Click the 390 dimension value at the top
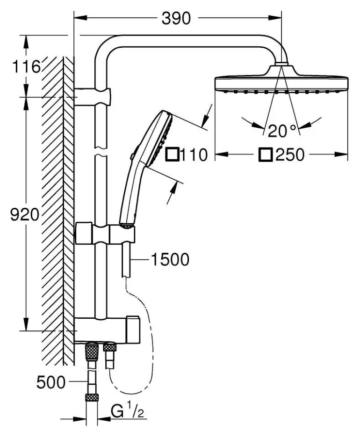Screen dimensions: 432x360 click(x=176, y=18)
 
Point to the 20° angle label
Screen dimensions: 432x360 click(x=282, y=131)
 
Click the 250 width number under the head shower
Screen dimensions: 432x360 click(x=290, y=154)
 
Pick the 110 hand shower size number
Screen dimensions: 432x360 click(x=194, y=154)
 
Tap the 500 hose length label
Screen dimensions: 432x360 click(x=51, y=382)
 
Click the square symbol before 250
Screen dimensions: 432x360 click(x=266, y=154)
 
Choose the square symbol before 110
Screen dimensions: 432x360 click(x=172, y=154)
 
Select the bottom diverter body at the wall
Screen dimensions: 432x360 click(x=108, y=329)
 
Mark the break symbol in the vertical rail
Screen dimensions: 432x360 click(x=101, y=153)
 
